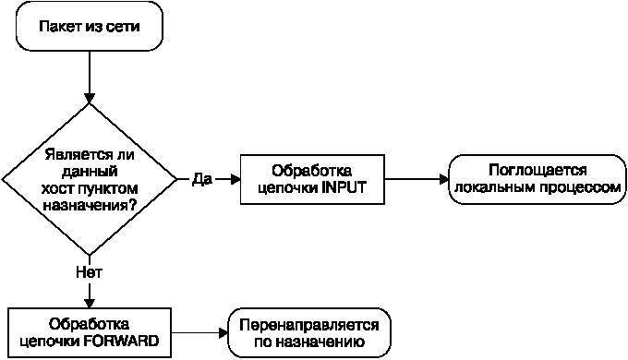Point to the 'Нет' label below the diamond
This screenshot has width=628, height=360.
(x=89, y=272)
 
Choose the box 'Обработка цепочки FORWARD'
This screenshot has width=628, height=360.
(x=90, y=332)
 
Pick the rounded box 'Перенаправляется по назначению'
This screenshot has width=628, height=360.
(x=309, y=332)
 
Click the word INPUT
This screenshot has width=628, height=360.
(x=344, y=187)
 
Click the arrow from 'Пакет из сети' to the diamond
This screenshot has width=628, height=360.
(x=90, y=78)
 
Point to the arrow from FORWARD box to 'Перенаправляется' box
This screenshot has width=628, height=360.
(x=199, y=332)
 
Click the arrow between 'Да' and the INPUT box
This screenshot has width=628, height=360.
(x=227, y=179)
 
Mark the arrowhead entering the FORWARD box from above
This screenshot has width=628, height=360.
(x=90, y=300)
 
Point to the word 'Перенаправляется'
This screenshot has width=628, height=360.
(x=309, y=324)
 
